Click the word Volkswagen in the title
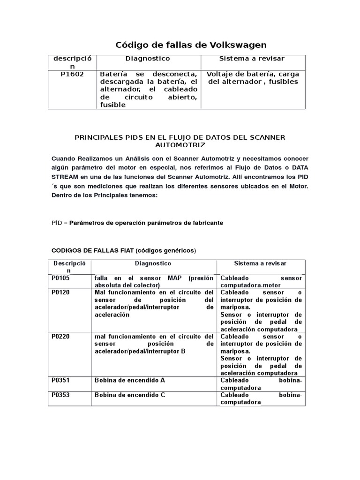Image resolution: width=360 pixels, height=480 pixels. (x=239, y=45)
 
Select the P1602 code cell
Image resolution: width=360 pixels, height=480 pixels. (x=72, y=74)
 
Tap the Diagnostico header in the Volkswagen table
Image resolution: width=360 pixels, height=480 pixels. (x=148, y=59)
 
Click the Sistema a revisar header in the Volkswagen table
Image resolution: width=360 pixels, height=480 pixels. (x=252, y=59)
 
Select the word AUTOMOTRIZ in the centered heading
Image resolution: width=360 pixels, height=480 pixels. (x=180, y=145)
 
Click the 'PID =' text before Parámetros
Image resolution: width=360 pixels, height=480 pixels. (x=60, y=223)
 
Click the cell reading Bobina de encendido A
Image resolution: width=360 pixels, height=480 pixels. (x=130, y=381)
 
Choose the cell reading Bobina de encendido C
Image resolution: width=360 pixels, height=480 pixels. (x=130, y=395)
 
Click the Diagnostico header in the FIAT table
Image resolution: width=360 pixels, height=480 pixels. (x=153, y=264)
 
